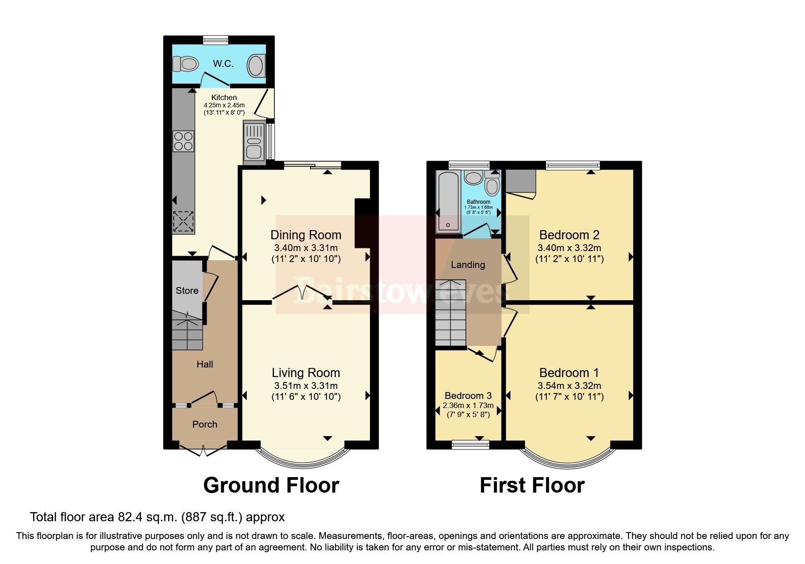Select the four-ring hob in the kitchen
point(183,141)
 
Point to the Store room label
point(187,291)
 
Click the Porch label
point(205,424)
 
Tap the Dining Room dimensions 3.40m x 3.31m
point(305,248)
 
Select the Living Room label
point(305,373)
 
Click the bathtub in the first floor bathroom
point(448,201)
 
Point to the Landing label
point(468,265)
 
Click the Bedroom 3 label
point(468,396)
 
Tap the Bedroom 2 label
point(569,235)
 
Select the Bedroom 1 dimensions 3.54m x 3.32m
point(569,386)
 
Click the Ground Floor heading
point(271,485)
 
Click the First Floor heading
point(532,485)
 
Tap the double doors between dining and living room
point(302,293)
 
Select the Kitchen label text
point(224,97)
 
